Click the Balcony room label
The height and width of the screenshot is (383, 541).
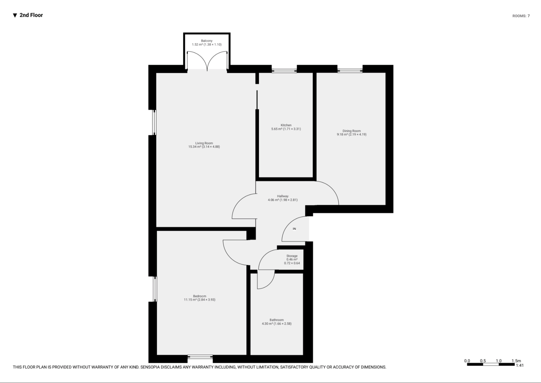click(207, 41)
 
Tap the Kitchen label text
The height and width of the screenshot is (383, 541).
click(286, 125)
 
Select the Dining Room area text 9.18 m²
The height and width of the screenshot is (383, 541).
click(351, 135)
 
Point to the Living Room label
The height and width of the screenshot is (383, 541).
click(204, 143)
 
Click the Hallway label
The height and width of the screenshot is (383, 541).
click(283, 196)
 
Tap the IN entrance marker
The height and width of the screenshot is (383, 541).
click(294, 229)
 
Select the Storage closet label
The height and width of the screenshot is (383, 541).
click(292, 256)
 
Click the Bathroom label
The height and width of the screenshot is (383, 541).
click(276, 320)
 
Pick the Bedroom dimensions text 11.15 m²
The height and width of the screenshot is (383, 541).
click(199, 300)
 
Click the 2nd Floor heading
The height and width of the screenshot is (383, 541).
click(31, 15)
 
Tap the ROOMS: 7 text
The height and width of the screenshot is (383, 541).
click(521, 16)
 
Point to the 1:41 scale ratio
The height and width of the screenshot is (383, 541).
click(520, 365)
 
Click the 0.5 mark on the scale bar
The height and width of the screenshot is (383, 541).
click(483, 361)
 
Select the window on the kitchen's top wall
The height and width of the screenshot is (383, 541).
click(284, 69)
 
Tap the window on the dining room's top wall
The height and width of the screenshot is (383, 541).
click(350, 69)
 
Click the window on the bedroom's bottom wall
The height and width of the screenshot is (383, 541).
click(200, 357)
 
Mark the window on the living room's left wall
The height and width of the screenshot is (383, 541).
click(154, 122)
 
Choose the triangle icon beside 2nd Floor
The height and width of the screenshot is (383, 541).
click(15, 15)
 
